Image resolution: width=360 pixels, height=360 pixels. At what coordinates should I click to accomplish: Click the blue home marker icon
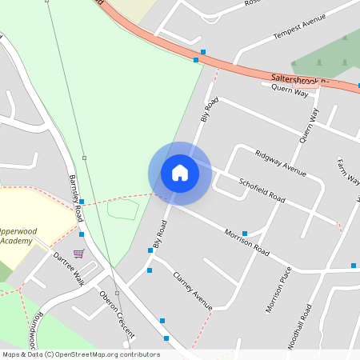(x=180, y=172)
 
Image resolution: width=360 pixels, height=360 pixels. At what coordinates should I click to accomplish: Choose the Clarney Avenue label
(x=193, y=290)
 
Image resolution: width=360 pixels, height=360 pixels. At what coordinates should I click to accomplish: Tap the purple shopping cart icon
(x=78, y=254)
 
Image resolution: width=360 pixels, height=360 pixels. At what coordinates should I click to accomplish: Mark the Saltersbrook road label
(x=299, y=79)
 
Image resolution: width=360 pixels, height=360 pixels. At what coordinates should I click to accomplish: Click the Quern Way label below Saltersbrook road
(x=290, y=92)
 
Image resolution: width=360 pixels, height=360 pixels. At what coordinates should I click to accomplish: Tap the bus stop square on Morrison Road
(x=245, y=234)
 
